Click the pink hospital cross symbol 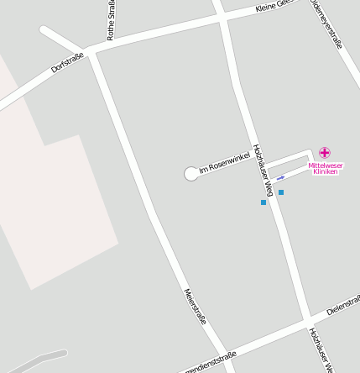(x=325, y=152)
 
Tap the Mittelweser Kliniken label (x=325, y=168)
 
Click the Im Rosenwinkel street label (x=224, y=163)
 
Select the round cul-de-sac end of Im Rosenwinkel (x=191, y=174)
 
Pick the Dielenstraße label (x=343, y=304)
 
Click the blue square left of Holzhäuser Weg (x=263, y=202)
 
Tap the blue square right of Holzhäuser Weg (x=281, y=192)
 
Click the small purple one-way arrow (x=281, y=177)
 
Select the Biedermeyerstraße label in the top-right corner (x=328, y=23)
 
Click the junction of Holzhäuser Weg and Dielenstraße (x=305, y=319)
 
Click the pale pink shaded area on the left (x=50, y=210)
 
